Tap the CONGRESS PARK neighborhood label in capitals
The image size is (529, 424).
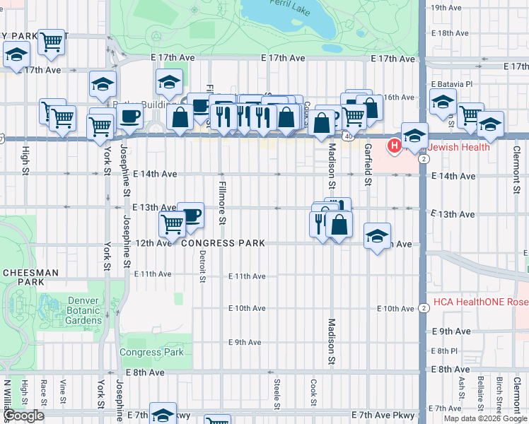point(223,243)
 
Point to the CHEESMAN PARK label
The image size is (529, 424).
point(25,276)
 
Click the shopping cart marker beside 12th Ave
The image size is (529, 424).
point(172,225)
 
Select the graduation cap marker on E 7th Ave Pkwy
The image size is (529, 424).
point(163,416)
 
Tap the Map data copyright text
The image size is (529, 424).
point(485,418)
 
